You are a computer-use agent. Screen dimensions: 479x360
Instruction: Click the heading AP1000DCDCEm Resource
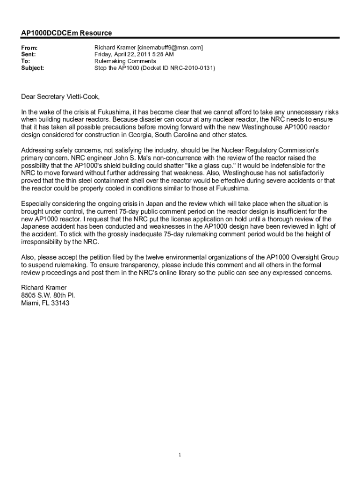click(x=66, y=33)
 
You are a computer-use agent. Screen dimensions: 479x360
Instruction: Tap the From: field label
click(x=29, y=48)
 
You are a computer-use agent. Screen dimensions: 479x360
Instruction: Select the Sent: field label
click(x=29, y=55)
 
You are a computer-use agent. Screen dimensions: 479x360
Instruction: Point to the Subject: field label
click(x=33, y=68)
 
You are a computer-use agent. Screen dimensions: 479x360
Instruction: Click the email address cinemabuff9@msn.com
click(x=170, y=48)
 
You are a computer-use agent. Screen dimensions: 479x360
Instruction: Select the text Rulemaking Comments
click(x=125, y=61)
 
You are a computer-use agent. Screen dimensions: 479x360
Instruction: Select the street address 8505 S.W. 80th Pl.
click(x=48, y=295)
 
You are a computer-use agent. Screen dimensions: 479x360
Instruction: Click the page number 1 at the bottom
click(x=180, y=455)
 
